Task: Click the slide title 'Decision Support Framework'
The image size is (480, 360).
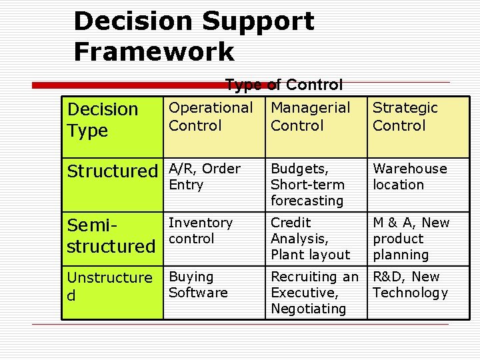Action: (193, 36)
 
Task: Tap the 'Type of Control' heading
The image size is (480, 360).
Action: (283, 85)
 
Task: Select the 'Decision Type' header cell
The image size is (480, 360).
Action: (103, 119)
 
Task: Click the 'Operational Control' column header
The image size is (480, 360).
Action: (211, 116)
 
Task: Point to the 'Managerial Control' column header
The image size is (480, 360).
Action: (310, 116)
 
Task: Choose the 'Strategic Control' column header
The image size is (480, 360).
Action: (405, 116)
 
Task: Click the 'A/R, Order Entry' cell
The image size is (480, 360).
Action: (204, 177)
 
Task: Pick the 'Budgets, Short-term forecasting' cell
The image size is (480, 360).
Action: (307, 185)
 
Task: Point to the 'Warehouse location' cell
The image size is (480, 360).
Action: (409, 177)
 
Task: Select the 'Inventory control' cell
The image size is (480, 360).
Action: (201, 231)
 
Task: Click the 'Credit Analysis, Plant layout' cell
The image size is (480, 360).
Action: (310, 239)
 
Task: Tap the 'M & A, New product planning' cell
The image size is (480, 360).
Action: (411, 239)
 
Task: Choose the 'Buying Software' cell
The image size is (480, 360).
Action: (198, 285)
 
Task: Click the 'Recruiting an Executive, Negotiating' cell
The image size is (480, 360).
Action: (314, 293)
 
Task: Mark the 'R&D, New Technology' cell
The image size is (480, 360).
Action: (410, 285)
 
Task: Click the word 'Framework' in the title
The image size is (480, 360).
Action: (154, 51)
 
